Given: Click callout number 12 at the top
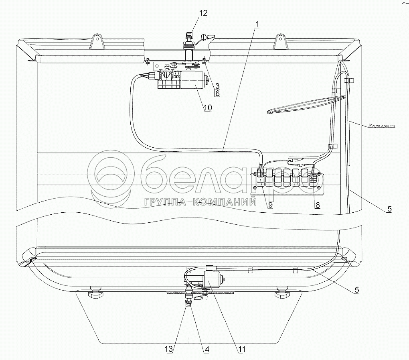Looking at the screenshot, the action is coord(203,13).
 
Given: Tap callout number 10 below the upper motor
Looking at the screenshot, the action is coord(208,108).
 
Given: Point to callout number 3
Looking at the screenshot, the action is coord(217,85).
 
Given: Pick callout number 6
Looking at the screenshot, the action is coord(217,93).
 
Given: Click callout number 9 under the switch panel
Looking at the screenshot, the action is coord(270,205).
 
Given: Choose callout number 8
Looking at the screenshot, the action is coord(317,205).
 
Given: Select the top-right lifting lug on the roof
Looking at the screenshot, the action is coord(280,41).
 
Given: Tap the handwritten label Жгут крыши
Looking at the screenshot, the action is coord(382,126).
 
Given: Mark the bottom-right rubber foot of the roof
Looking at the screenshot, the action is coord(282,294).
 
